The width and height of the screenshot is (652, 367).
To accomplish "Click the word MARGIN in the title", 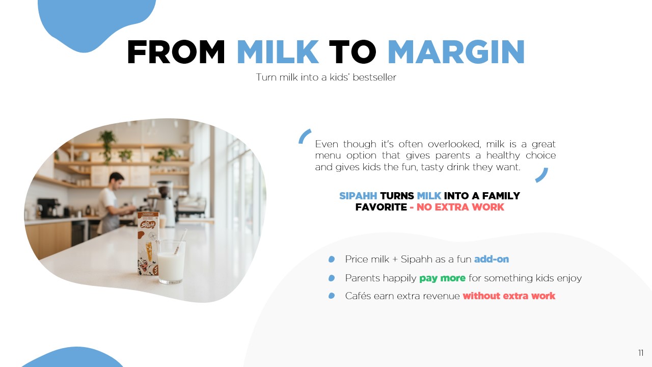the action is point(456,52).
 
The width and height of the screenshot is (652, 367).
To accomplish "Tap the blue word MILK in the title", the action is point(278,52).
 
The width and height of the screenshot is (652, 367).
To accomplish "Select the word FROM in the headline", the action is point(176,52).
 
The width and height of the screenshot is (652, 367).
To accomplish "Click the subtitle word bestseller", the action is point(374,77).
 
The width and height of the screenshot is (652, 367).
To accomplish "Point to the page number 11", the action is point(641,353).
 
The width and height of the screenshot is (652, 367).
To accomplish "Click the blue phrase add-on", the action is point(492,259).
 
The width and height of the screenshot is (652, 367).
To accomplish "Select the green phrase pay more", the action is point(443,278).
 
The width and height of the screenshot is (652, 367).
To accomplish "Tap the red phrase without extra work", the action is point(509,296).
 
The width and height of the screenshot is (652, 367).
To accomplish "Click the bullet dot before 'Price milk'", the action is point(332,259).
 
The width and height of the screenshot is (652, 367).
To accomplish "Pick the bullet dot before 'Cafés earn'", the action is point(332,296).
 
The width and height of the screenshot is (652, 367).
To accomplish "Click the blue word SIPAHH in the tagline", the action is point(358,196).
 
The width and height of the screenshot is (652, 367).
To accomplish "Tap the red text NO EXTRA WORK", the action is point(460,207).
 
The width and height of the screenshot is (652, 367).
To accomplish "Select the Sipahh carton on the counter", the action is point(148,244).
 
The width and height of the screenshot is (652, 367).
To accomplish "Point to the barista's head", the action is point(117,180).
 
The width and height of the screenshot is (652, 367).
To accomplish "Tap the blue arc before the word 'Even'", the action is point(304,136).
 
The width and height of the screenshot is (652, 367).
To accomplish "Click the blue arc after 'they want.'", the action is point(543,176).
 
